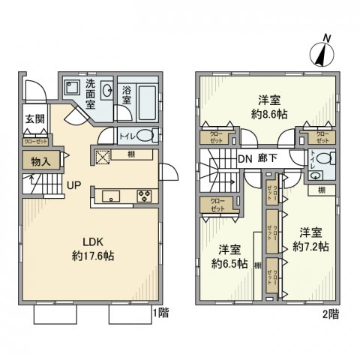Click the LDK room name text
(x=92, y=241)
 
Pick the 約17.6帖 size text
(x=93, y=256)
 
